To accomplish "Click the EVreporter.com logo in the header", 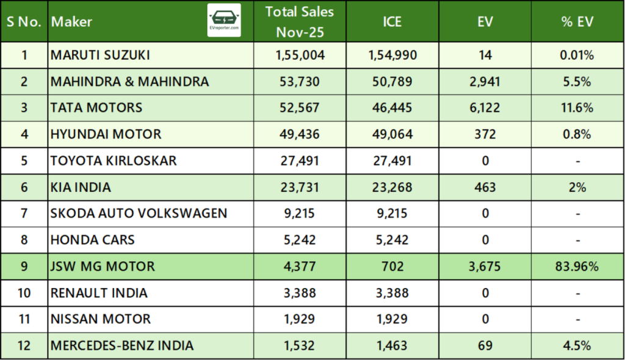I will pos(224,21).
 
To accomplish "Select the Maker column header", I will pos(72,22).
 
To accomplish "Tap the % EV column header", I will pos(577,22).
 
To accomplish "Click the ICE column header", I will pos(392,22).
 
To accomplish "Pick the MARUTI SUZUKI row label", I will pos(100,56).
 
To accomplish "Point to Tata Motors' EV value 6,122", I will pos(485,108).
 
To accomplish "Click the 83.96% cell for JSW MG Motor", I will pos(577,266).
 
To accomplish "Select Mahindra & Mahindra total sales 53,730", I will pos(300,82).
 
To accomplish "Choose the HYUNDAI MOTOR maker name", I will pos(106,134).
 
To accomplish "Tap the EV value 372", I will pos(485,134).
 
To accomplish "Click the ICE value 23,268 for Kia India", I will pos(392,187).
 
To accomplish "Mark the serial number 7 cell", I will pos(24,214).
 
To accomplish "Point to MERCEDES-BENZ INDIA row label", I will pos(123,345).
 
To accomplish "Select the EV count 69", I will pos(485,345).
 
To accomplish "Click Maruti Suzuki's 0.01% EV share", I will pos(577,56).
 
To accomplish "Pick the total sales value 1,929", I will pos(300,319).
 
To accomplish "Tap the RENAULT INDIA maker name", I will pos(99,293).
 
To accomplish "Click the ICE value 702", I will pos(392,266).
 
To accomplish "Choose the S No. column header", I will pos(24,22).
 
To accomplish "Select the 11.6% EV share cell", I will pos(577,108).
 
